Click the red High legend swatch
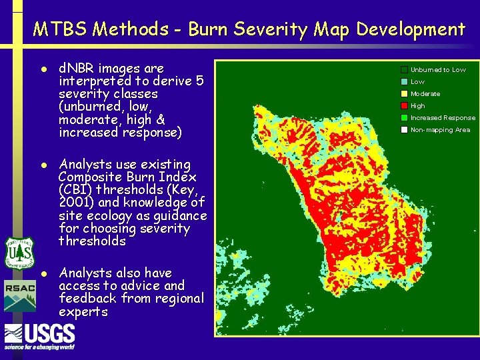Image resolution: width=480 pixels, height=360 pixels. (404, 105)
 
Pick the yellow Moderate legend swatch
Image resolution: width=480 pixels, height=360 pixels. (404, 93)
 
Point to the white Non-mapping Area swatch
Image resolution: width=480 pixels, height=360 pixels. (404, 129)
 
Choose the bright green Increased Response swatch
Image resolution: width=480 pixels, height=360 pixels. (404, 117)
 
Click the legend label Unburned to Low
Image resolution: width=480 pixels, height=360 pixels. (438, 69)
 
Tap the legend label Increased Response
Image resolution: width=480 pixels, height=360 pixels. (443, 117)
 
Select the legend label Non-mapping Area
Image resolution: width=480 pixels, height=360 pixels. (440, 129)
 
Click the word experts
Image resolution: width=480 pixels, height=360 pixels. (83, 311)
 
